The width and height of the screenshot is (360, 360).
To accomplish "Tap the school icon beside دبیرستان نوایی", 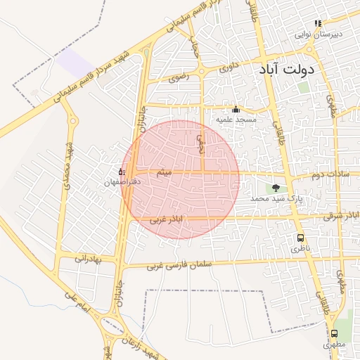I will [318, 23].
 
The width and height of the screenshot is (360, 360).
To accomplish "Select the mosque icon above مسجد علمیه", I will [236, 109].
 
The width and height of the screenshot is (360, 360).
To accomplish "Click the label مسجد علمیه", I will [236, 120].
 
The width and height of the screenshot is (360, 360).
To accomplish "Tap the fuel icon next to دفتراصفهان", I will [122, 171].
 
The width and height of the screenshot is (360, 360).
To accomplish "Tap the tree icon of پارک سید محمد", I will [275, 188].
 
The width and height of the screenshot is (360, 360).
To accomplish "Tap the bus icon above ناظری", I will [301, 238].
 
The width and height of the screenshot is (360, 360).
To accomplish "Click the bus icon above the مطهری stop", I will [334, 334].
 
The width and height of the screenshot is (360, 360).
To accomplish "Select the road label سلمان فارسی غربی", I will [174, 266].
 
